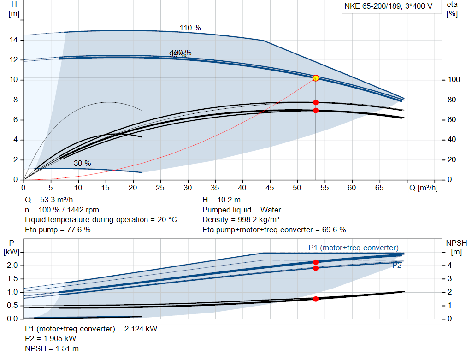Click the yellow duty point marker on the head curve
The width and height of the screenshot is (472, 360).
316,78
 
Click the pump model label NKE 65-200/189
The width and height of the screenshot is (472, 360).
387,7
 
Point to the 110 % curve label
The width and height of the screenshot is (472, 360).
190,28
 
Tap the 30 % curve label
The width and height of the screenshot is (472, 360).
82,164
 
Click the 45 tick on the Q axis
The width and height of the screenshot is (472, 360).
270,188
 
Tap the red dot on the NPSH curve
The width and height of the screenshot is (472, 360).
316,299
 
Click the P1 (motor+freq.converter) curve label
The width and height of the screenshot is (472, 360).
353,248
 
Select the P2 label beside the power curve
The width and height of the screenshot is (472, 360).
397,266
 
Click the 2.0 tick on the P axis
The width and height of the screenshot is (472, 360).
12,266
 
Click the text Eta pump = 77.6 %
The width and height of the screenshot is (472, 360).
58,230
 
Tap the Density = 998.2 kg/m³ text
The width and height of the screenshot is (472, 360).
241,220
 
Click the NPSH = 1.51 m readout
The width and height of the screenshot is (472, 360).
52,348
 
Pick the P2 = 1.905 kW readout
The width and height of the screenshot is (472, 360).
50,339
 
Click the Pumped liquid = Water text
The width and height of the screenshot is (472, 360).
242,210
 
